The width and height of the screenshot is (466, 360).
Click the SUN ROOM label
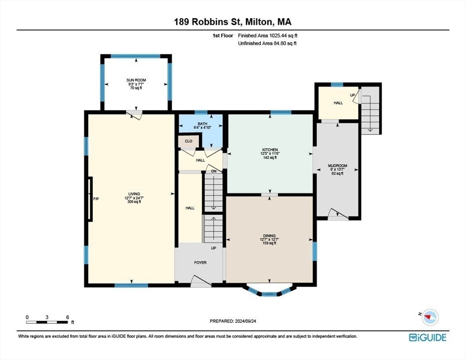coord(136,80)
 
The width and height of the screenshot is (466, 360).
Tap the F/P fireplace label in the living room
coord(96,199)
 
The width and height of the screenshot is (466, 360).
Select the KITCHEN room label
coord(270,150)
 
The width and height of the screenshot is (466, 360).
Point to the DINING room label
coord(269,236)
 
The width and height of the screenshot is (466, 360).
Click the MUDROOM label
coord(338,165)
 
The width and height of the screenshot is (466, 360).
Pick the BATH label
coord(203,124)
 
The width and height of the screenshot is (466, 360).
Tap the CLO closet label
coord(188,141)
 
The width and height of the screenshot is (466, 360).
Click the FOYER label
coord(200,262)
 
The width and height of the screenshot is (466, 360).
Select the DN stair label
coord(214,171)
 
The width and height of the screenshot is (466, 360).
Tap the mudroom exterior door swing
coord(338,215)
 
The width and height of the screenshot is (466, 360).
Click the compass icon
coord(430,317)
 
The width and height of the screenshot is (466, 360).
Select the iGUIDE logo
coord(428,337)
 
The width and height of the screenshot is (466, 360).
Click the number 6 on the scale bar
coord(68,317)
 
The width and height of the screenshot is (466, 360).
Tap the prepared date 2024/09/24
coord(246,321)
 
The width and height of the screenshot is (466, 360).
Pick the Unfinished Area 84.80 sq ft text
coord(268,43)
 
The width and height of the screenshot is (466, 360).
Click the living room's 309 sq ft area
coord(134,202)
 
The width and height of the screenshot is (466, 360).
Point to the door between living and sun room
coord(134,115)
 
